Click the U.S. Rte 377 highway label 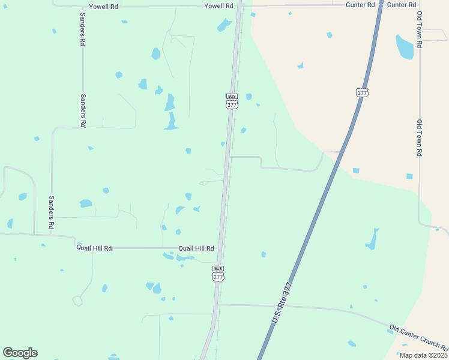coord(282,302)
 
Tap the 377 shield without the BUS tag coord(362,92)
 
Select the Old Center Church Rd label coord(418,338)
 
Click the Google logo coord(20,353)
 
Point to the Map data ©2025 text coord(423,355)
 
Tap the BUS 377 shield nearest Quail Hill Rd coord(218,274)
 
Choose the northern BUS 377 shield coord(232,101)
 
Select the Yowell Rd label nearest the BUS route coord(218,5)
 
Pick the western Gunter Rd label coord(360,5)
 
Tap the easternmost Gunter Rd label coord(402,5)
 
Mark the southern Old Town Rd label coord(420,137)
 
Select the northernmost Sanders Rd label coord(83,29)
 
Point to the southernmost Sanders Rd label coord(52,212)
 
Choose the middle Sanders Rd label coord(83,110)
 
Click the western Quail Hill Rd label coord(94,248)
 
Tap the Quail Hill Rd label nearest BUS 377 coord(196,248)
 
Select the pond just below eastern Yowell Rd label coord(224,25)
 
